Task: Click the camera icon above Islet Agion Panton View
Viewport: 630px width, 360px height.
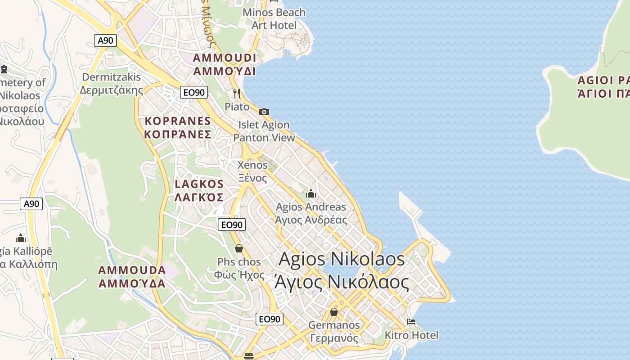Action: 264,112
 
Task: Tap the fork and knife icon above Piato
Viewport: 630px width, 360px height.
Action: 237,94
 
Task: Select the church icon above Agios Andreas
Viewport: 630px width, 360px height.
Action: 310,194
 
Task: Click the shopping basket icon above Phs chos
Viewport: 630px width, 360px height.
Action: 239,248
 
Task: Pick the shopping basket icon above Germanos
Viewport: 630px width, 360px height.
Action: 334,311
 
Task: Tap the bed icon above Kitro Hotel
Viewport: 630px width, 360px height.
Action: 411,322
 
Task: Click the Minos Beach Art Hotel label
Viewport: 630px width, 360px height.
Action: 274,19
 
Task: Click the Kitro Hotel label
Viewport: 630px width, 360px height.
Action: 411,335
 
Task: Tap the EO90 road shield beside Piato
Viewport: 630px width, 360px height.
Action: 193,93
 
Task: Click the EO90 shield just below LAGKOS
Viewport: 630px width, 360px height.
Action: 232,225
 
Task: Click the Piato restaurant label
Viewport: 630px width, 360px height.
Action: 237,107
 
